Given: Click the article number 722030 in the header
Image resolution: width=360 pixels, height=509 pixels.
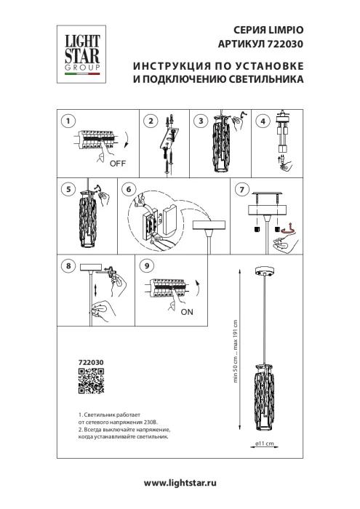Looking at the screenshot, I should click(x=281, y=43).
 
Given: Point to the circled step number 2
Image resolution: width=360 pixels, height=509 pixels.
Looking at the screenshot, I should click(x=151, y=121).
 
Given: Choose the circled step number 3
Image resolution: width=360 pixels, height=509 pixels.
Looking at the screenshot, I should click(x=202, y=121).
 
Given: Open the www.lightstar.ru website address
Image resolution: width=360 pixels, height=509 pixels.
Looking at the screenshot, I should click(x=180, y=483).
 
